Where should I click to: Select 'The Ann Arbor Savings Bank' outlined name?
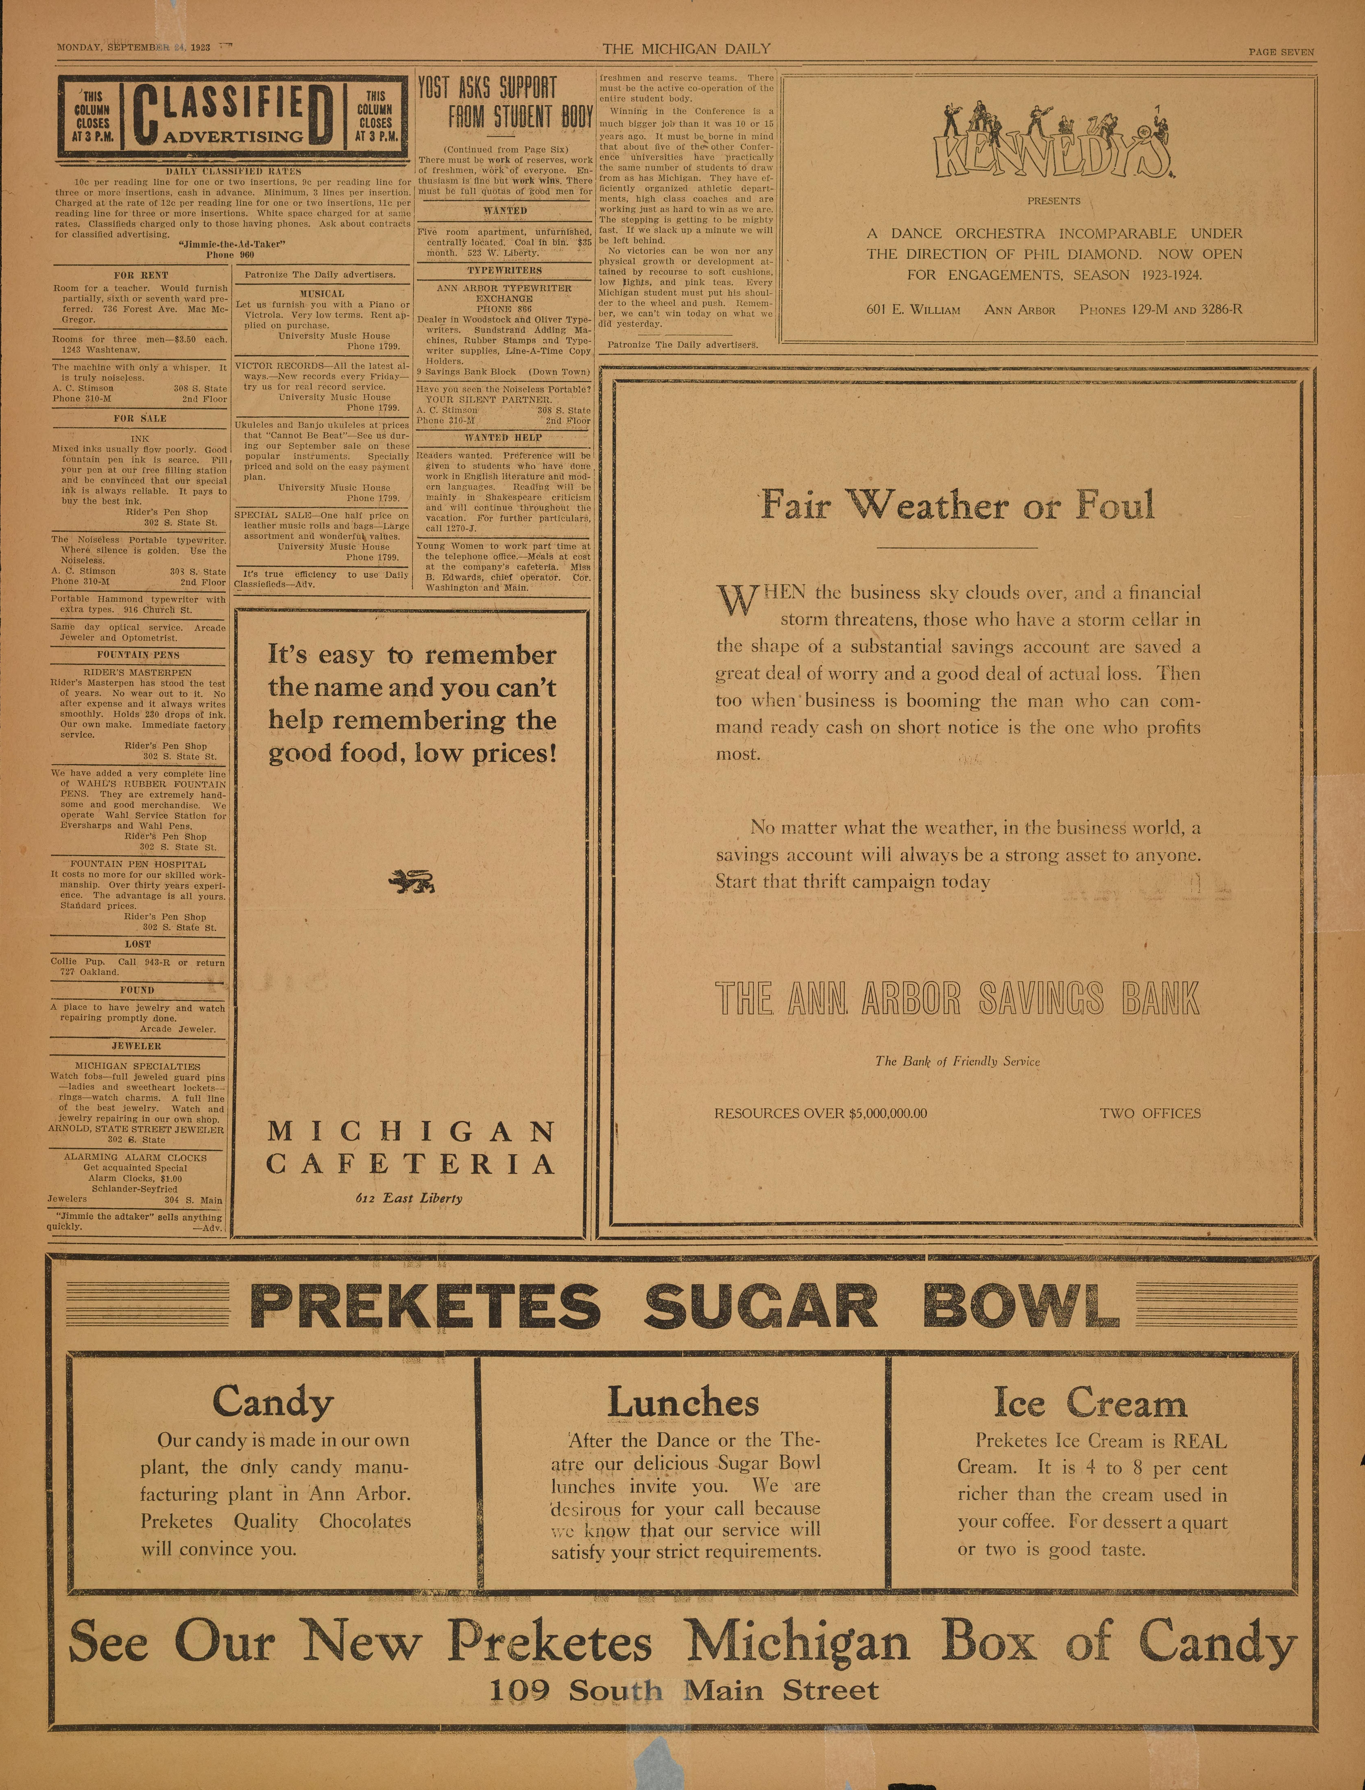click(x=957, y=999)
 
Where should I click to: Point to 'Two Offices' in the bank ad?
click(x=1150, y=1113)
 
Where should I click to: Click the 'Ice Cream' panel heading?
click(x=1090, y=1402)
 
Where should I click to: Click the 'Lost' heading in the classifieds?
click(x=138, y=944)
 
